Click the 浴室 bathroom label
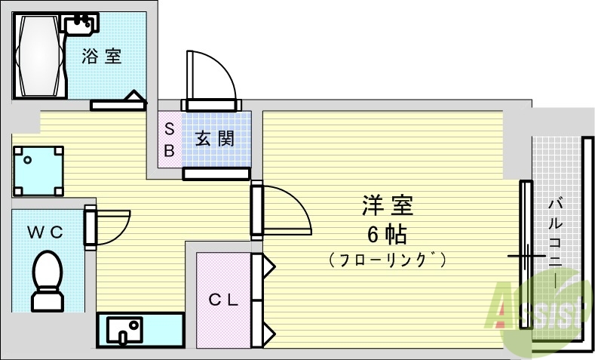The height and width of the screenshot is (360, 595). pos(102,56)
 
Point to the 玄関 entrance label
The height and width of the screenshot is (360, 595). pos(215,139)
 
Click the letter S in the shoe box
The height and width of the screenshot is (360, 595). pos(169,129)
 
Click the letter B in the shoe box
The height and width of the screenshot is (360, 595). pos(169,150)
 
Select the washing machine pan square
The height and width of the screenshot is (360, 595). pos(38,171)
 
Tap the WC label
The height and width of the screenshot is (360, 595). pos(45,232)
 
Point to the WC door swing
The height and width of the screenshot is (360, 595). pos(112,227)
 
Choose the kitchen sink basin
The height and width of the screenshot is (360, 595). pos(124,330)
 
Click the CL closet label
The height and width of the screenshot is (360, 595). pos(223,300)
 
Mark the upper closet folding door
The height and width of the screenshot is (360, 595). pos(263,277)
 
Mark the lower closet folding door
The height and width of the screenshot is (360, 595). pos(263,323)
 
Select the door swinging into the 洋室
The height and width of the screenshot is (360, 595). pos(284,210)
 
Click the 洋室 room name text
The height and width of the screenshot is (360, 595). pos(387,205)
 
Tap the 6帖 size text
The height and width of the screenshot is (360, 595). pos(387,235)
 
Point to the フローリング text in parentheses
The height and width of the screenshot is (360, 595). pos(387,260)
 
